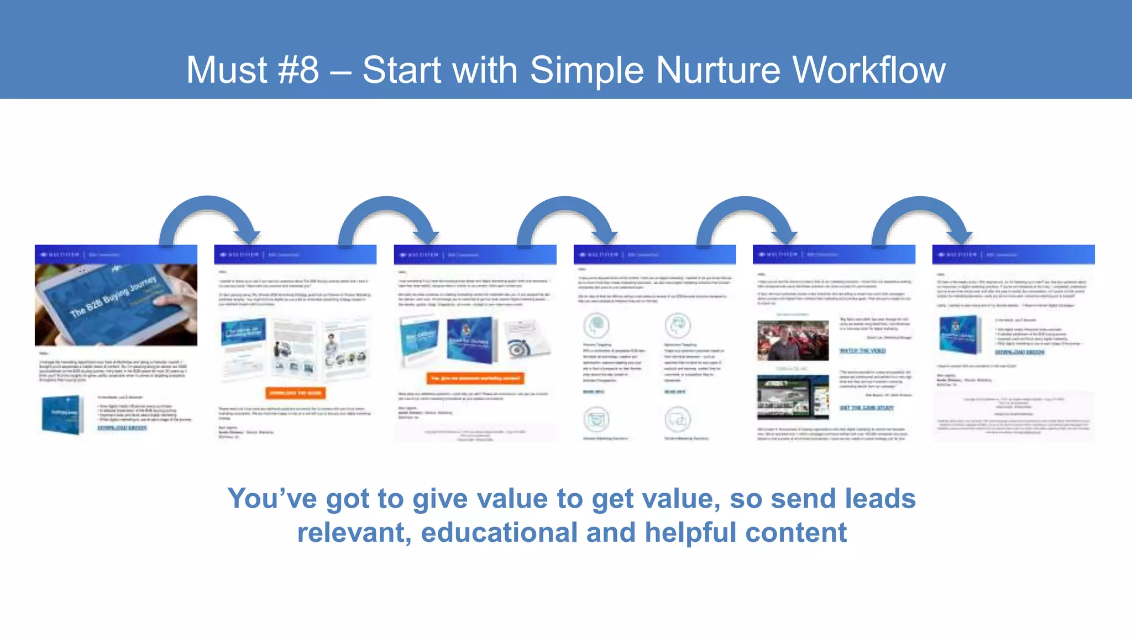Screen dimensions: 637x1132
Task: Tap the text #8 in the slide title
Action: pos(298,70)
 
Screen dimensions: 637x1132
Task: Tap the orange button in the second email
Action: pos(296,393)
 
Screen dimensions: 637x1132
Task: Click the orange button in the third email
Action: pos(475,379)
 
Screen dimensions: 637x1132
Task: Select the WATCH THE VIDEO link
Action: pos(862,351)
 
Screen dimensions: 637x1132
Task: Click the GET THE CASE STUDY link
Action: pos(867,408)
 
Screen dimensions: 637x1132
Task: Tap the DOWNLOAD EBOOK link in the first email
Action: pos(122,428)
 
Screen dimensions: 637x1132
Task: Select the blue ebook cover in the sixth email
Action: pos(960,335)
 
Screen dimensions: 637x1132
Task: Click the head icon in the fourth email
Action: pos(596,325)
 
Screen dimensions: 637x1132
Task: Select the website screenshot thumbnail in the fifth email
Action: pos(793,396)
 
